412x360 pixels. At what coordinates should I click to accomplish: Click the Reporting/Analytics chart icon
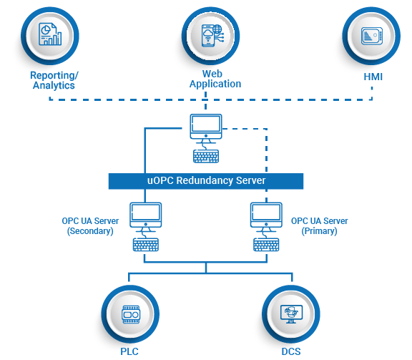tap(50, 34)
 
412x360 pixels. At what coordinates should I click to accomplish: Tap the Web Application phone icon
tap(212, 36)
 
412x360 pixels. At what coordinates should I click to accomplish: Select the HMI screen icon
tap(372, 36)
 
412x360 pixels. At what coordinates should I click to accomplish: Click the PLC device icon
tap(131, 314)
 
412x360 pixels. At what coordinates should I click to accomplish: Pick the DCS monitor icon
tap(291, 314)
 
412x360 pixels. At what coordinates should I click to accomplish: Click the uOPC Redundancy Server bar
tap(206, 181)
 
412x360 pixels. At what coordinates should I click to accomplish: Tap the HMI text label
tap(373, 77)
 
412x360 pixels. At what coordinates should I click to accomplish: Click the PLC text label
tap(129, 351)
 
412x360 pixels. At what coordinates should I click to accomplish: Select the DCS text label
tap(291, 351)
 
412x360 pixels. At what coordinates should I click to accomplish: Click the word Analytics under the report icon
tap(54, 86)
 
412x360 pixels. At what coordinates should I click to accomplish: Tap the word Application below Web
tap(215, 84)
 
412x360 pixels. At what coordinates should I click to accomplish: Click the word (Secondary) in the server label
tap(90, 231)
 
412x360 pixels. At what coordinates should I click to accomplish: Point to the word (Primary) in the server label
tap(319, 231)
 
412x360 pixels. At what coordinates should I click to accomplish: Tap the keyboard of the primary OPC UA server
tap(266, 245)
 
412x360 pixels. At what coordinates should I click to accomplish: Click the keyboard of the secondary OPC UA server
tap(146, 245)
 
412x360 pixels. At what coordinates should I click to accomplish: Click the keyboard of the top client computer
tap(206, 156)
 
